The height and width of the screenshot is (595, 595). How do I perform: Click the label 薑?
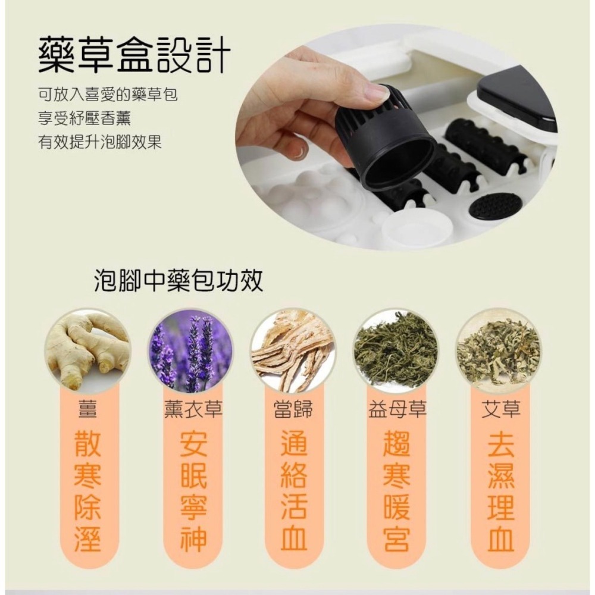[x=87, y=410]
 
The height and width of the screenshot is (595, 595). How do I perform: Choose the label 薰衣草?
[x=190, y=410]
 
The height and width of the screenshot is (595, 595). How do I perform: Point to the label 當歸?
[x=293, y=410]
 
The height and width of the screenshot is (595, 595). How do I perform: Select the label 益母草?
[x=396, y=410]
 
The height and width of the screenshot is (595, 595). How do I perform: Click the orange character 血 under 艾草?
[x=500, y=538]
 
